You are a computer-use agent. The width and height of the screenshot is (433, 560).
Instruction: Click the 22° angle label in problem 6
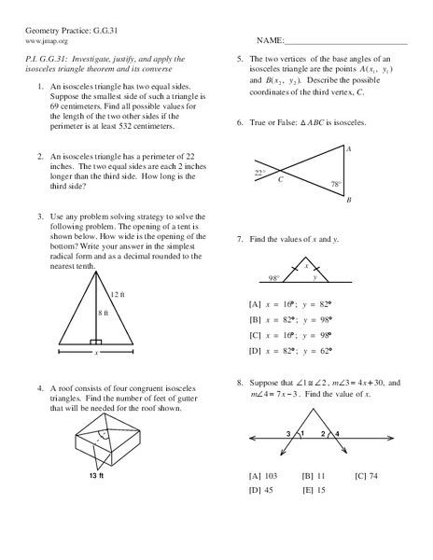pyautogui.click(x=259, y=173)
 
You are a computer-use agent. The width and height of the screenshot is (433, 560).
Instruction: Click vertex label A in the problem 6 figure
pyautogui.click(x=348, y=149)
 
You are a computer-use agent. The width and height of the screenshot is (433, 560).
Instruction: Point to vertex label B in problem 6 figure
pyautogui.click(x=348, y=200)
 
